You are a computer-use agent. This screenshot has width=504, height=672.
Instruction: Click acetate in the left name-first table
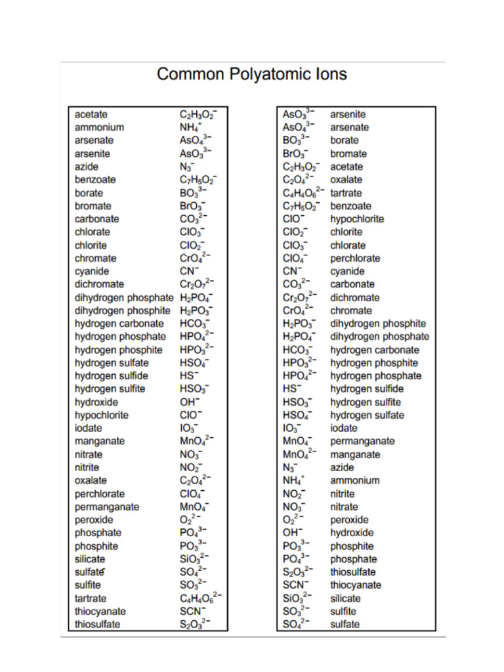coord(91,114)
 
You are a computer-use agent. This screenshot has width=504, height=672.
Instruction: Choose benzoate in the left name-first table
coord(95,179)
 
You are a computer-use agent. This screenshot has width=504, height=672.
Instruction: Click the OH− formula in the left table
coord(190,402)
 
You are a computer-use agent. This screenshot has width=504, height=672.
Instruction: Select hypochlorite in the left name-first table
coord(102,415)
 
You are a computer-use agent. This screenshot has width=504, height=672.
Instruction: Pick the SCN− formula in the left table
coord(193,611)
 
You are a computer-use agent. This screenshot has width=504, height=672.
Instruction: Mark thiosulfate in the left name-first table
coord(97,624)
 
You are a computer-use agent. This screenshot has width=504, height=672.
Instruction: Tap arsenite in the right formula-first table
coord(348,114)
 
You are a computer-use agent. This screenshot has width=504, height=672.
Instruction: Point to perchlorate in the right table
coord(355,258)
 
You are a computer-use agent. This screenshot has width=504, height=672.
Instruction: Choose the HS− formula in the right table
coord(291,388)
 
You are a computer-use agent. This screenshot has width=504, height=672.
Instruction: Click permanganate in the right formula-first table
coord(362,441)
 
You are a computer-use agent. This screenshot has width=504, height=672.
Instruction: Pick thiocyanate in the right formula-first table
coord(355,585)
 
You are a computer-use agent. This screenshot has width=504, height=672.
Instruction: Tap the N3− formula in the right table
coord(290,467)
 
